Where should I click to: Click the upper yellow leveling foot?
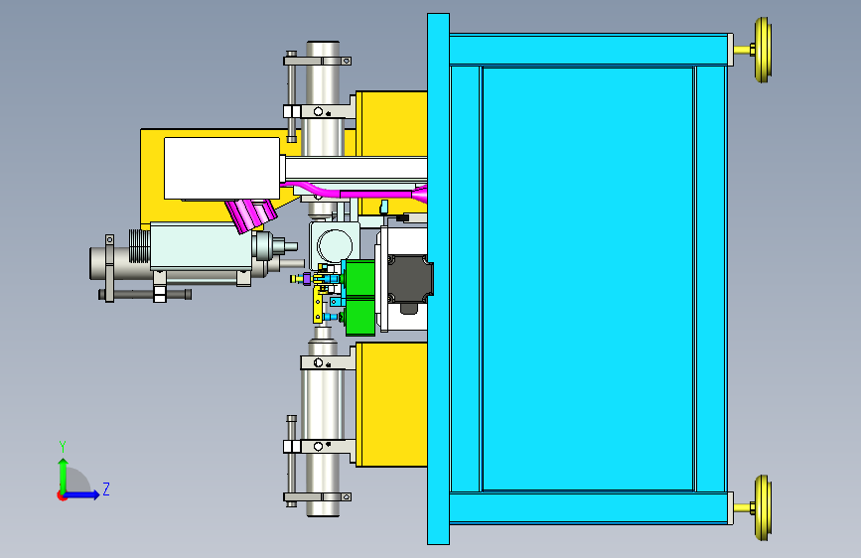click(x=762, y=50)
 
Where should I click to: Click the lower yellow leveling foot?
click(x=762, y=508)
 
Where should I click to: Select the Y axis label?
click(x=63, y=447)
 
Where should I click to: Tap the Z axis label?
click(x=106, y=488)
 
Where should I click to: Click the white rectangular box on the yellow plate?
click(x=221, y=168)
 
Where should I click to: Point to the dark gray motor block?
click(x=409, y=279)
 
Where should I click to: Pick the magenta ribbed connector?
click(x=250, y=214)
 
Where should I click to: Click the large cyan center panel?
click(x=588, y=278)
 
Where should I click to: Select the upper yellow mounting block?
click(x=391, y=123)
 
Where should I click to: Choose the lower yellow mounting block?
click(x=391, y=404)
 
